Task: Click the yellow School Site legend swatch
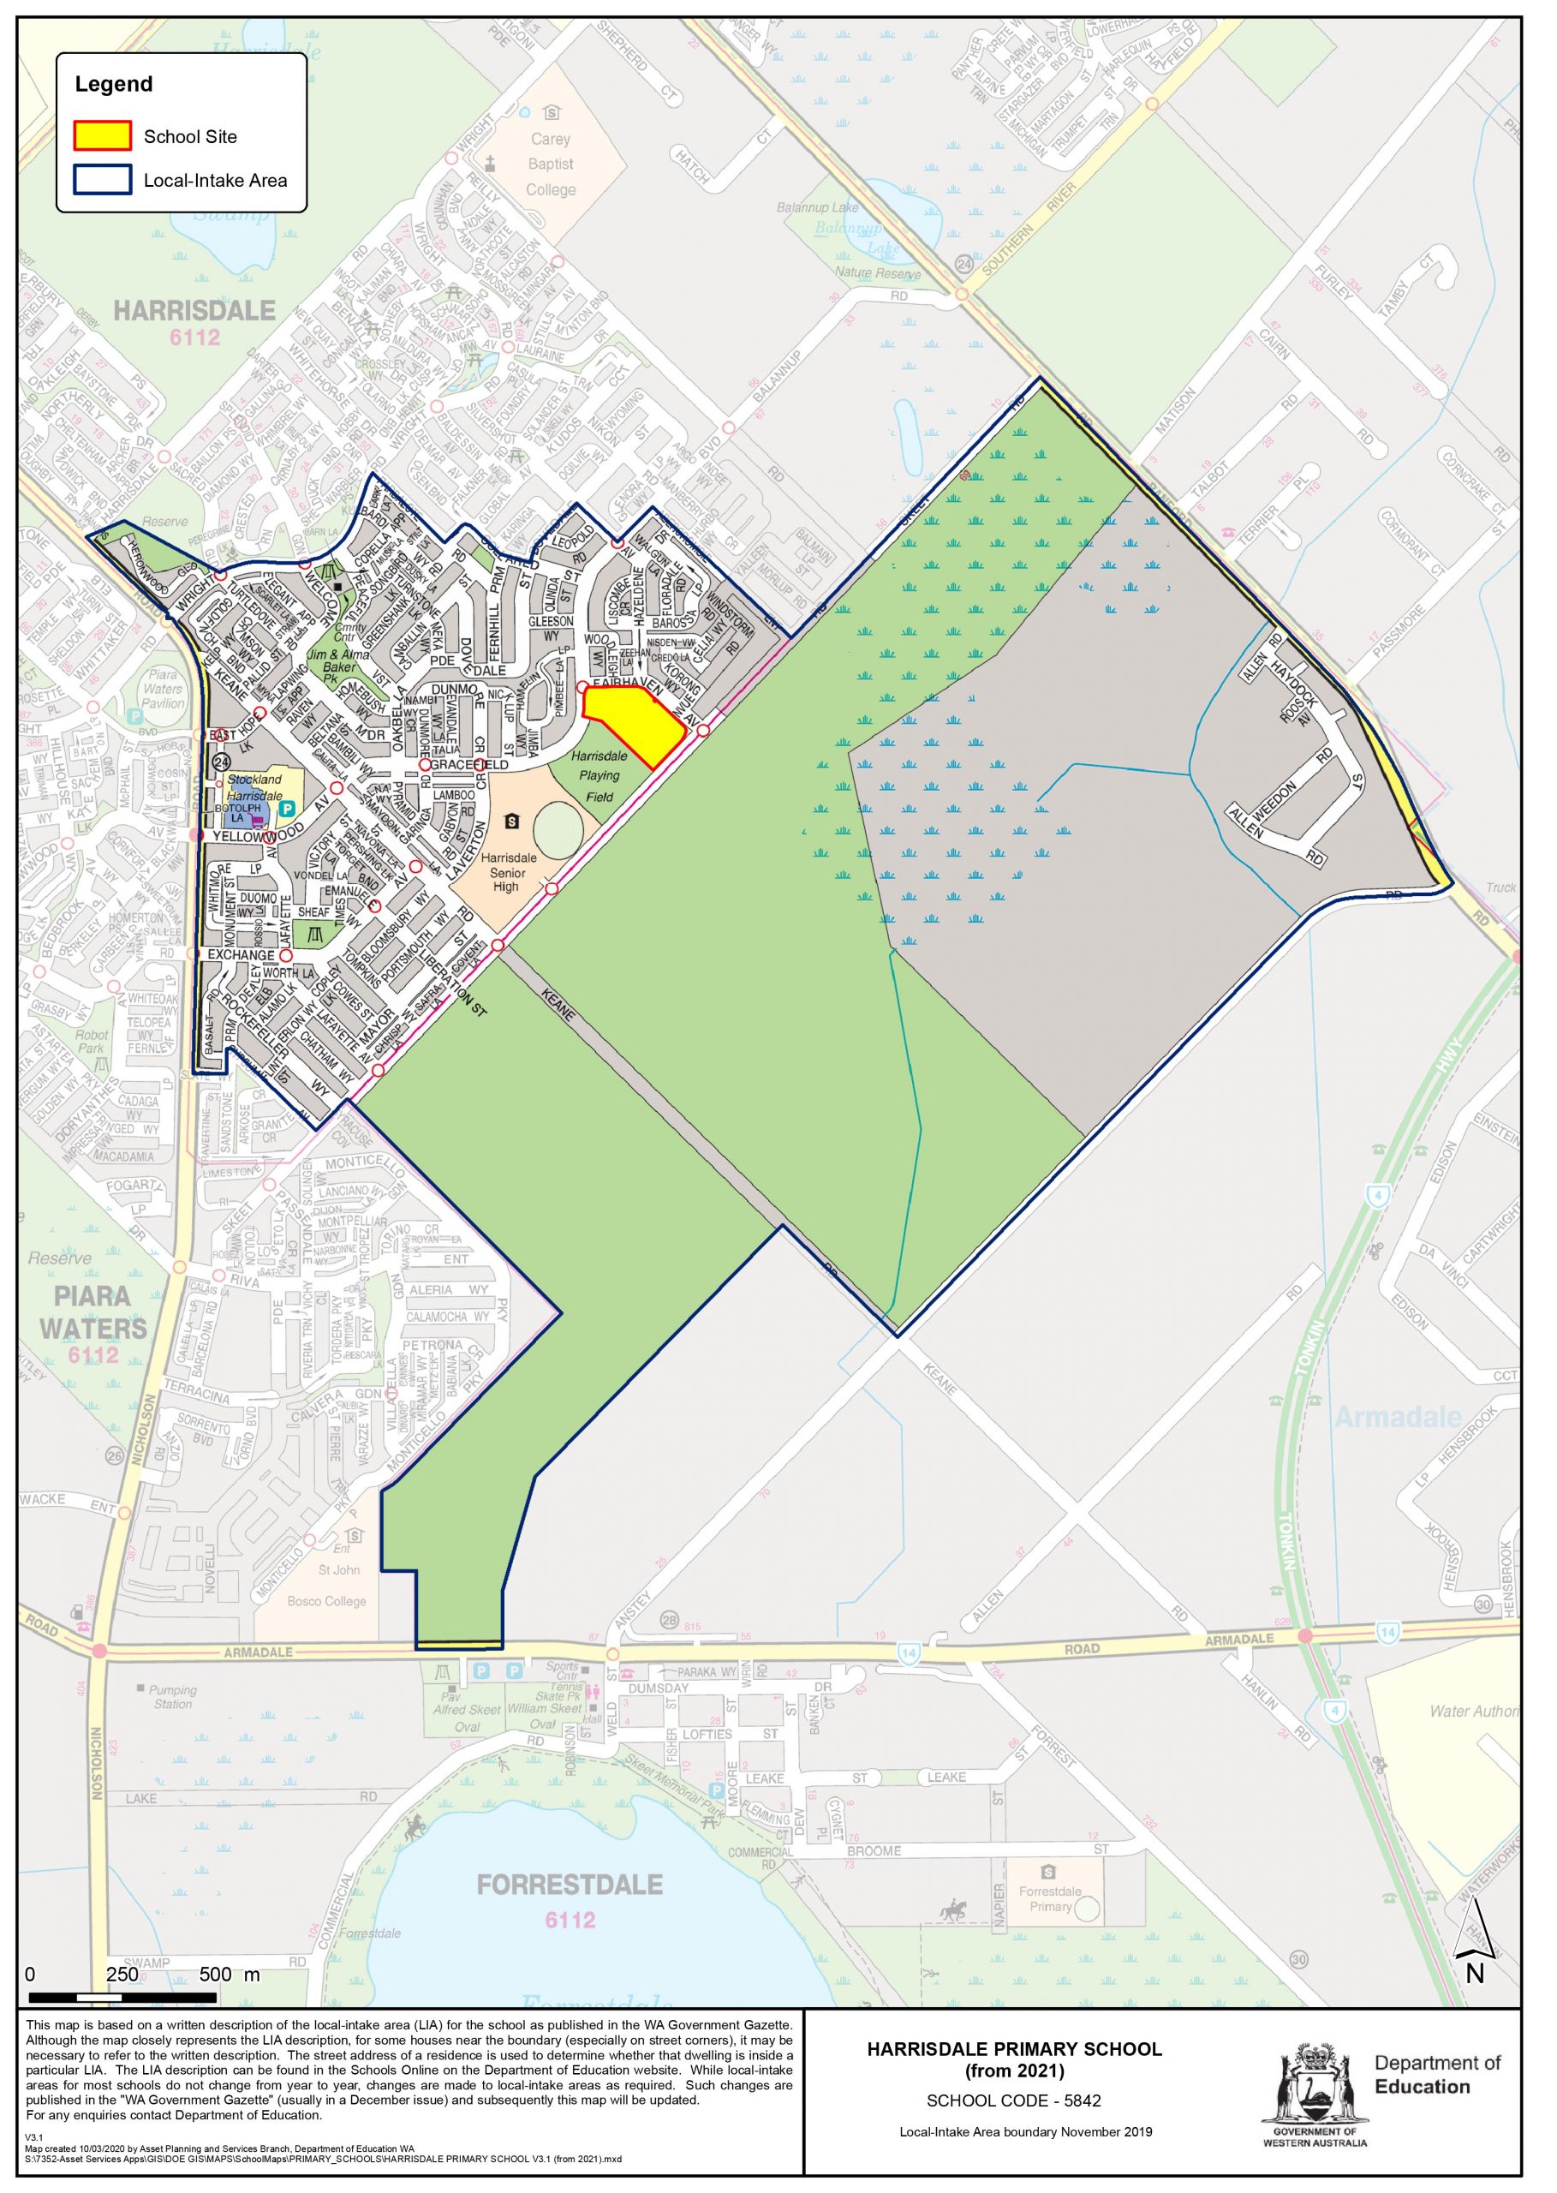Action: coord(103,135)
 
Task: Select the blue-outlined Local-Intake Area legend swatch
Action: coord(103,179)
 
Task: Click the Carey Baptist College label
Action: coord(551,164)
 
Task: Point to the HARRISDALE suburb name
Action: coord(194,311)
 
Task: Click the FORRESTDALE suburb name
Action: coord(570,1885)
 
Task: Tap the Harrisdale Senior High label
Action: coord(507,873)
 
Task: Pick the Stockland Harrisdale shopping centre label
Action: coord(255,787)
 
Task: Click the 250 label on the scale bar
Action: coord(122,1974)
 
